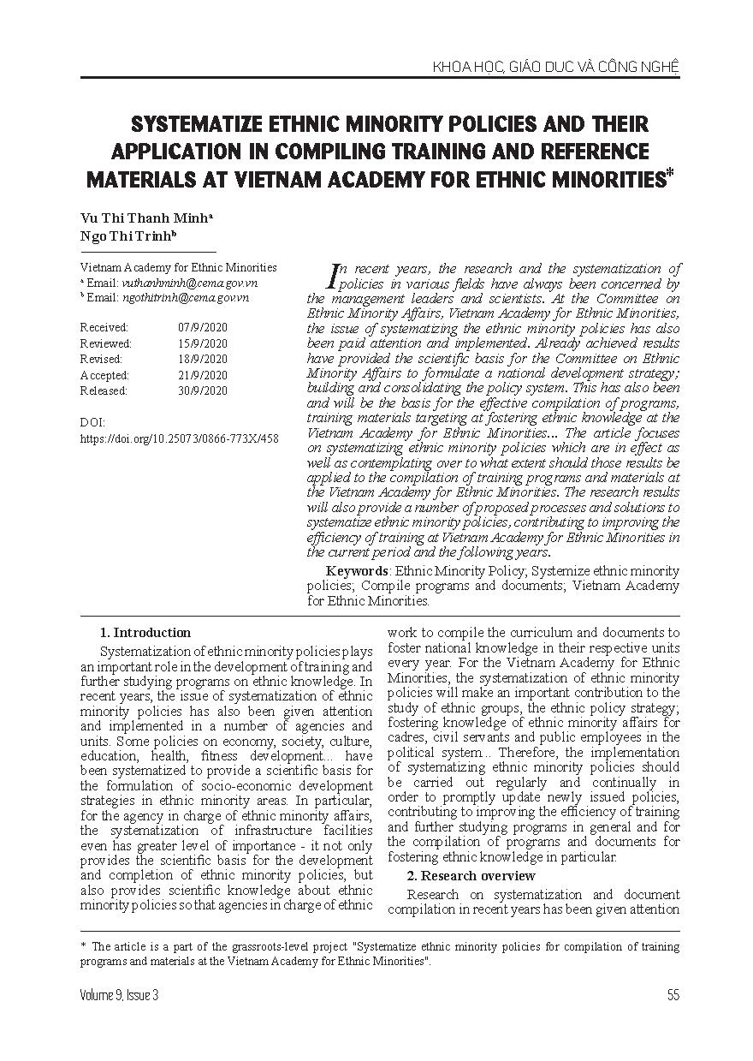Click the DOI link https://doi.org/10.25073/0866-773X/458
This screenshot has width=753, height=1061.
(x=179, y=438)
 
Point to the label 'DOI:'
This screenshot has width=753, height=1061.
(x=92, y=423)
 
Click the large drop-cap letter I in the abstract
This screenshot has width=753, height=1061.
(x=334, y=274)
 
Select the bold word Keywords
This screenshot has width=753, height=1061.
(x=357, y=570)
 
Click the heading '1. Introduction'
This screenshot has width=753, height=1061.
(x=145, y=633)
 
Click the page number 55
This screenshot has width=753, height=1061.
(x=672, y=995)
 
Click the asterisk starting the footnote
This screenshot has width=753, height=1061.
(x=83, y=946)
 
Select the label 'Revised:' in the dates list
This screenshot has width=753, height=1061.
(x=101, y=359)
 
